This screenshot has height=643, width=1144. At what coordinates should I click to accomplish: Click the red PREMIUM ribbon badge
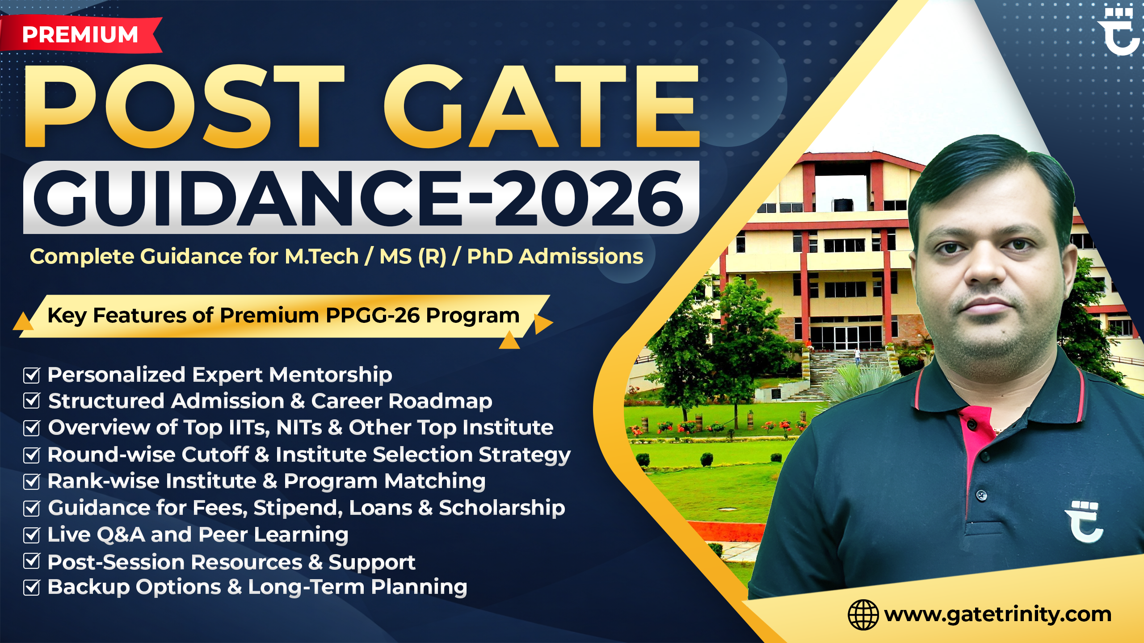point(80,35)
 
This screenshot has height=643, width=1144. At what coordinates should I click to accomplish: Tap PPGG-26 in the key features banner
point(373,315)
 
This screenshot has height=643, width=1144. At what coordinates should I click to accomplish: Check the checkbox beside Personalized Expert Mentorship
point(32,375)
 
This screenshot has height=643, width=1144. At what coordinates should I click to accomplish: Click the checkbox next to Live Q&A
point(32,535)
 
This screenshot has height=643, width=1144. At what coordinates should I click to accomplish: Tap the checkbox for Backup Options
point(32,587)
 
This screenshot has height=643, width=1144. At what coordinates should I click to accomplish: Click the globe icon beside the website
point(863,615)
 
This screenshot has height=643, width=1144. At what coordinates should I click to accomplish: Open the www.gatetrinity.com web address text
point(997,614)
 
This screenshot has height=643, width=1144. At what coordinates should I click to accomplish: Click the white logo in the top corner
point(1120,31)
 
